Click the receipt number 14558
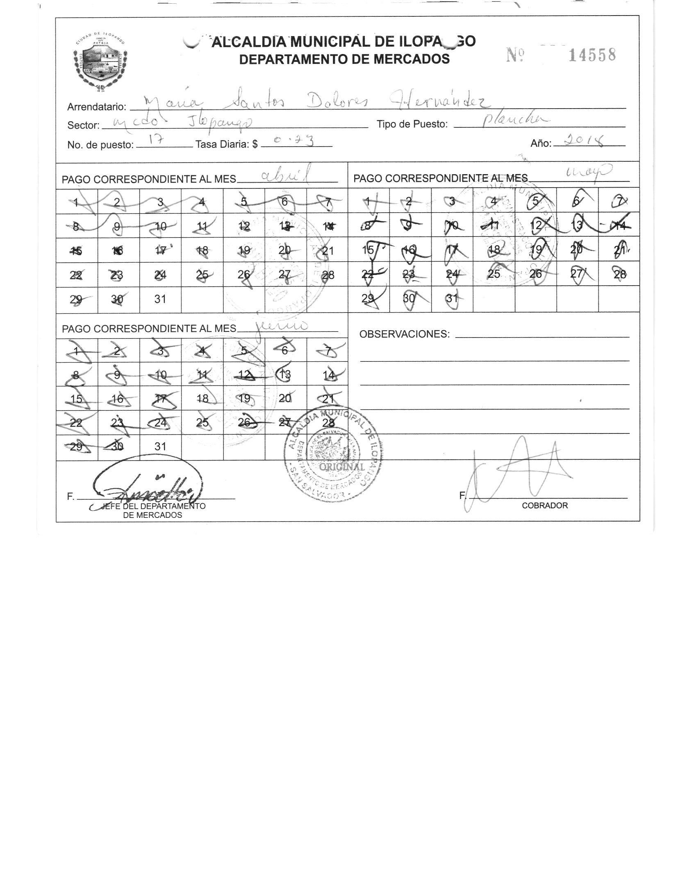coord(592,55)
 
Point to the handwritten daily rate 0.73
coord(294,141)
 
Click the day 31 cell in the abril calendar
coord(160,299)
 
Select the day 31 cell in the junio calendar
coord(160,447)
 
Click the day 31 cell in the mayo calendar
coord(452,299)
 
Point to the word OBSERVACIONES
coord(404,334)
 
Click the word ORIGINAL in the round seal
coord(341,467)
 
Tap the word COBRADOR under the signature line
coord(544,506)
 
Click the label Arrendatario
coord(97,107)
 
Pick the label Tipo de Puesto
coord(412,124)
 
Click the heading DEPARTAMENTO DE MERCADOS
coord(344,59)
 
